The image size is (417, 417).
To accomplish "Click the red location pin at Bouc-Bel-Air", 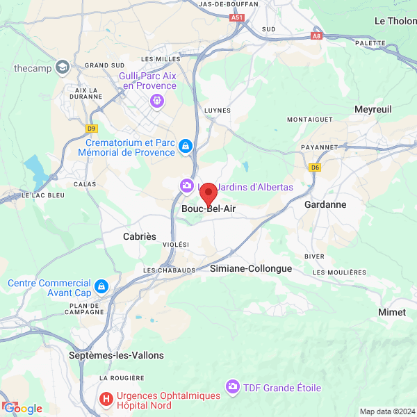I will point(208,193).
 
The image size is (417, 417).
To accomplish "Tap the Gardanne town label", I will point(325,205).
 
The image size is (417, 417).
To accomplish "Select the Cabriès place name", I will point(140,236).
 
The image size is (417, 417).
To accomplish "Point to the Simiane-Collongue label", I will point(251,268).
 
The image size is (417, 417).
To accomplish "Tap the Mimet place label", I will point(392,312).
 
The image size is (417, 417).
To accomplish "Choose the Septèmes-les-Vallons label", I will point(117,355).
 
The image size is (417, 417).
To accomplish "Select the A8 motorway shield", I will point(317,35).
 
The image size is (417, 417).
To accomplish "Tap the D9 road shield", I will point(92,128).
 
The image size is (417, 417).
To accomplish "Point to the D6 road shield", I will point(316,167).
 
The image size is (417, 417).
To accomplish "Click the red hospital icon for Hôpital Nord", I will point(106,399).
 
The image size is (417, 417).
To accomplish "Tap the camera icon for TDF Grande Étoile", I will point(232,386).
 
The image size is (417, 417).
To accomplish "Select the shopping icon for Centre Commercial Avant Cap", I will point(101,286).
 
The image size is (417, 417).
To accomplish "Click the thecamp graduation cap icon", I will point(63,67).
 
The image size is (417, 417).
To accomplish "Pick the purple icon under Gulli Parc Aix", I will point(157,101).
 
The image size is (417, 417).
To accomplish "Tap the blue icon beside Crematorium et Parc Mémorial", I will point(186,146).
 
